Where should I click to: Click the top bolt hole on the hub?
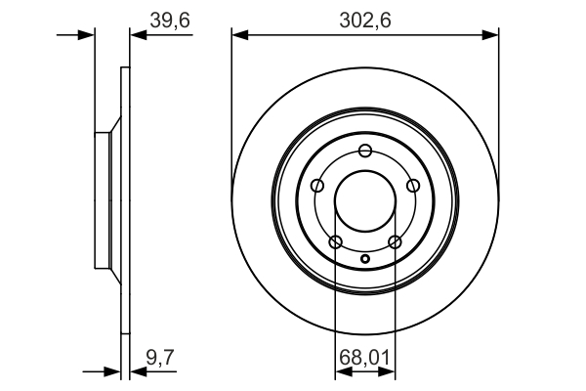coord(365,150)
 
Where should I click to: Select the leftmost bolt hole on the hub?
coord(317,186)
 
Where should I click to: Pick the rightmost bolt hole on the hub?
coord(413,186)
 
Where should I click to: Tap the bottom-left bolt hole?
coord(336,241)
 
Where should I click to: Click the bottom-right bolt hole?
coord(395,241)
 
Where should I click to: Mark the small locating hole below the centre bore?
coord(365,259)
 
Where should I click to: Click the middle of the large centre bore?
coord(365,201)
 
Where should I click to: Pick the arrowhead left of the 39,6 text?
coord(136,35)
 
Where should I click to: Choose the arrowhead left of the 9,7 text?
coord(136,371)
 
